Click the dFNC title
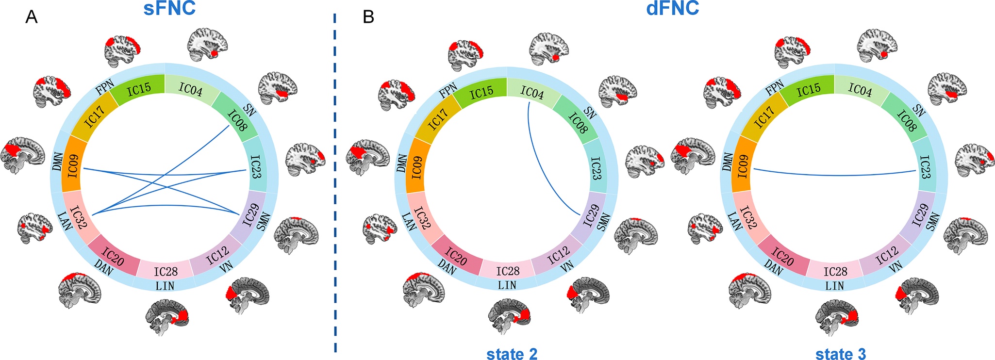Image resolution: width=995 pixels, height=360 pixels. click(672, 9)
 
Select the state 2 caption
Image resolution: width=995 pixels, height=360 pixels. click(512, 354)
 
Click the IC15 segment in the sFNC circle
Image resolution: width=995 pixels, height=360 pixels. click(139, 89)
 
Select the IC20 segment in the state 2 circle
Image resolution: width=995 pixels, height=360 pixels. click(456, 257)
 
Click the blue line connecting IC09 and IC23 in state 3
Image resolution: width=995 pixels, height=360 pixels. click(835, 174)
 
